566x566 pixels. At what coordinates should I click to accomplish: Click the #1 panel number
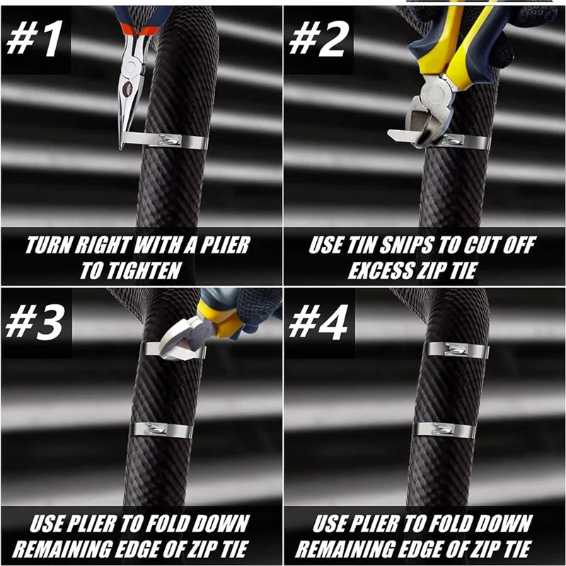(35, 38)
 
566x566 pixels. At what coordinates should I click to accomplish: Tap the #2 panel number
(319, 38)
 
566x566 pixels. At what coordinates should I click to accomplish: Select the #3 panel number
(34, 323)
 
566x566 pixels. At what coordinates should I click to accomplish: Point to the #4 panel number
(318, 323)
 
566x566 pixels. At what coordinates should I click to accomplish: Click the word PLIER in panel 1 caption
(224, 245)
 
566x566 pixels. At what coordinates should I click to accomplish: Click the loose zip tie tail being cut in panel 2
(401, 136)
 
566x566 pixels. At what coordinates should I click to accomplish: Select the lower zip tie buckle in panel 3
(156, 429)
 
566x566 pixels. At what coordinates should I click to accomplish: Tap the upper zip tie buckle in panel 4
(457, 349)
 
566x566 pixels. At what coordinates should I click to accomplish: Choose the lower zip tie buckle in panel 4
(444, 429)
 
